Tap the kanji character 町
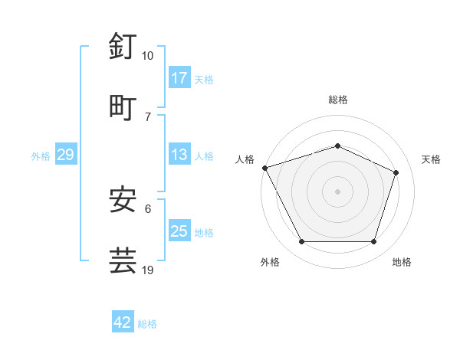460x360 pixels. [123, 107]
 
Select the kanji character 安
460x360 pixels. [123, 200]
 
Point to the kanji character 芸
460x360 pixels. [123, 260]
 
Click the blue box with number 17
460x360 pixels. [179, 78]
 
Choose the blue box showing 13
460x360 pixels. [179, 155]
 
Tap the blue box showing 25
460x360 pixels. [179, 231]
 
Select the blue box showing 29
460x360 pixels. [65, 155]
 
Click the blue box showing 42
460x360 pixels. [123, 322]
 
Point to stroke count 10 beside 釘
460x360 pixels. [148, 56]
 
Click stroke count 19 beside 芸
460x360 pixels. [148, 270]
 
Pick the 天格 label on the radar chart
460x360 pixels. [432, 159]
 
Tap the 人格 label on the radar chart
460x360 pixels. [245, 159]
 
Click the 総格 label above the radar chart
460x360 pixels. [338, 100]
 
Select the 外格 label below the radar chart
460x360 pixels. [270, 262]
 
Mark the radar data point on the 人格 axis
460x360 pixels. [264, 168]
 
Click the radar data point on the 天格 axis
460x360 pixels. [396, 172]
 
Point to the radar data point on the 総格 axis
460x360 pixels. [338, 146]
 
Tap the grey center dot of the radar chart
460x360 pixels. [338, 191]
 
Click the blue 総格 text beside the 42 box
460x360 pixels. [147, 324]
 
